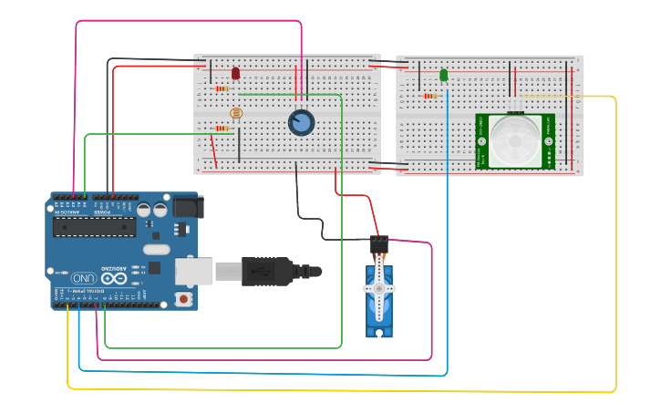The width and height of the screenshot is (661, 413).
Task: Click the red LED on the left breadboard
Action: (x=235, y=73)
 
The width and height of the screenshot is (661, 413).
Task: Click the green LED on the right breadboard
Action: (x=444, y=75)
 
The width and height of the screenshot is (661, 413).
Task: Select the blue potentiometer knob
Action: (x=301, y=122)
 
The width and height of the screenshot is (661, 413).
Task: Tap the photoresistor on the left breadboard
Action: (x=236, y=113)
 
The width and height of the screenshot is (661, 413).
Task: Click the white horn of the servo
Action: (x=378, y=288)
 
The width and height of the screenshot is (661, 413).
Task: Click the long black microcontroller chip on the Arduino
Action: (x=94, y=226)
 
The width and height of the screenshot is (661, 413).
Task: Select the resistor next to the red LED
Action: (x=224, y=88)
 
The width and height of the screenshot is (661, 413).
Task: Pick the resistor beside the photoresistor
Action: (x=222, y=129)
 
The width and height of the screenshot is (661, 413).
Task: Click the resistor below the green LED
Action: (x=430, y=96)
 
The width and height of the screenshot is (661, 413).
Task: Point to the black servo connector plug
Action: (x=378, y=243)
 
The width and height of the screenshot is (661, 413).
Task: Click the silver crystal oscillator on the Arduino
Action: (x=156, y=249)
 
